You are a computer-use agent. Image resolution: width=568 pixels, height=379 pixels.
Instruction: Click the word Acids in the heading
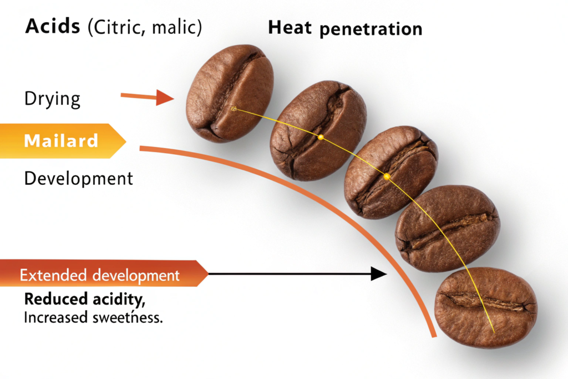(53, 27)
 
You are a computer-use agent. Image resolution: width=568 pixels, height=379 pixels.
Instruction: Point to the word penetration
(371, 29)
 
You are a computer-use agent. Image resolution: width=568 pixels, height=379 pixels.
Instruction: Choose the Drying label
(53, 99)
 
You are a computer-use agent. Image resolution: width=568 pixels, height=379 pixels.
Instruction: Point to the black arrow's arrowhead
(379, 273)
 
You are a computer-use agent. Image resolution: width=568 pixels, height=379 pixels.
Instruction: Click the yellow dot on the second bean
(321, 137)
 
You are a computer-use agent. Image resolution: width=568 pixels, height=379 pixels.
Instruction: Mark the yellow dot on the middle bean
(387, 176)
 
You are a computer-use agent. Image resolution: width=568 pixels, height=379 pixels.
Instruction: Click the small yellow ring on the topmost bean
(234, 109)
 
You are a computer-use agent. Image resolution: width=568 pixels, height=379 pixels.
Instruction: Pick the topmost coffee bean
(229, 93)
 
